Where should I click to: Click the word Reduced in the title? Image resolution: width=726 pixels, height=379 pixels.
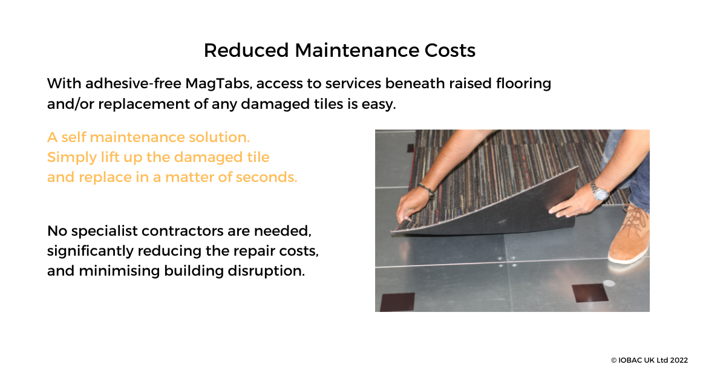[246, 51]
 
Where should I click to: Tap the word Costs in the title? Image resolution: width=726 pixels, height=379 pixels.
[450, 51]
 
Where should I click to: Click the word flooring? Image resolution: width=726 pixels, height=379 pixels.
[523, 84]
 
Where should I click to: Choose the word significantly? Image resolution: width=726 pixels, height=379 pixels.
[90, 251]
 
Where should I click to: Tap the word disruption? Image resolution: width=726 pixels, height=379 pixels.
[266, 271]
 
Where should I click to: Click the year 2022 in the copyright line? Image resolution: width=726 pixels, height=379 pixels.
[679, 360]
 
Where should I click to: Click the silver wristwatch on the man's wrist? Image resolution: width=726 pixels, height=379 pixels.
[600, 192]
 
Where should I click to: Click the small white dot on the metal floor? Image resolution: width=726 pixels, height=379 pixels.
[609, 283]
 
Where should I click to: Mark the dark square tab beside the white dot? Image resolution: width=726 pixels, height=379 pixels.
[590, 293]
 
